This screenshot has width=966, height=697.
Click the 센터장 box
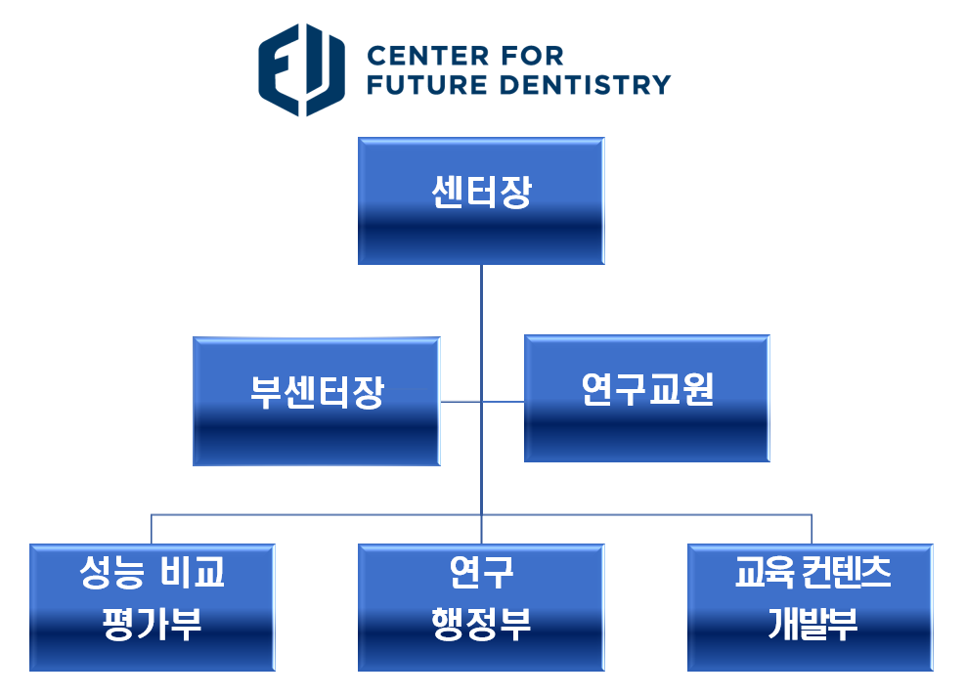pyautogui.click(x=481, y=200)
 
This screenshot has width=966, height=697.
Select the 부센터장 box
pyautogui.click(x=317, y=401)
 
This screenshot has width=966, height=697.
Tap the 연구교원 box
pyautogui.click(x=647, y=399)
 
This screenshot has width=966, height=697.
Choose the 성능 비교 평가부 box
pyautogui.click(x=153, y=607)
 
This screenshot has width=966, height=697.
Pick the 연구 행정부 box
pyautogui.click(x=481, y=607)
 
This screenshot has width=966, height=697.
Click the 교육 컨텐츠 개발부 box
pyautogui.click(x=811, y=607)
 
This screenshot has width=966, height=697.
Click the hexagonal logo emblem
pyautogui.click(x=301, y=69)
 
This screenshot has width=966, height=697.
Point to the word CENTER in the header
pyautogui.click(x=427, y=56)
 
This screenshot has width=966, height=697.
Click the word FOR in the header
pyautogui.click(x=532, y=56)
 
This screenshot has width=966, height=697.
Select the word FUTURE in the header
pyautogui.click(x=427, y=85)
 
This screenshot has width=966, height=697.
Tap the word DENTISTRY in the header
pyautogui.click(x=586, y=85)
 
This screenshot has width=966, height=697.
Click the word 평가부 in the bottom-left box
pyautogui.click(x=153, y=624)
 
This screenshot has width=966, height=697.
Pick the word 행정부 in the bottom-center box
pyautogui.click(x=481, y=624)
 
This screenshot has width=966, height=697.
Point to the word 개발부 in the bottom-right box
pyautogui.click(x=812, y=624)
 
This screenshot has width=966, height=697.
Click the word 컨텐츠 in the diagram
pyautogui.click(x=847, y=572)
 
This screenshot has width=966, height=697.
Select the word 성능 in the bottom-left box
pyautogui.click(x=111, y=572)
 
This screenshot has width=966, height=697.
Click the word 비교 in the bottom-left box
pyautogui.click(x=193, y=572)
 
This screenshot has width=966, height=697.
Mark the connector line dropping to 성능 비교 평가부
pyautogui.click(x=152, y=529)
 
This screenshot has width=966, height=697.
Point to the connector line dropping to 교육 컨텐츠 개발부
pyautogui.click(x=812, y=529)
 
